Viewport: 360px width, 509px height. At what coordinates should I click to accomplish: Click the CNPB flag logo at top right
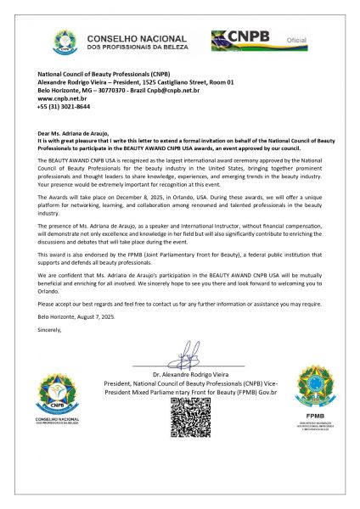point(242,39)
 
